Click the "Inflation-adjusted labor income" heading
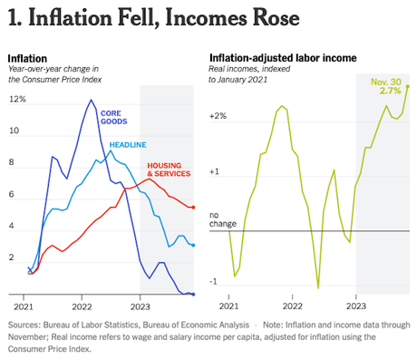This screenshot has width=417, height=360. [x=282, y=57]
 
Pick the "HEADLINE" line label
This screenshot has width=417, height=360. [x=129, y=145]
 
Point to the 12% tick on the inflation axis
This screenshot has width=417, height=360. [x=16, y=99]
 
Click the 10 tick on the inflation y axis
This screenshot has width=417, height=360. [x=14, y=131]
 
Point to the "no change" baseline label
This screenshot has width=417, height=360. [x=222, y=219]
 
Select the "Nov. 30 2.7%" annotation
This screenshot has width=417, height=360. [x=385, y=86]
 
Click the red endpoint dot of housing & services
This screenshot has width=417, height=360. [x=192, y=208]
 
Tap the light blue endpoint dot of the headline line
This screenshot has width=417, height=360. [x=192, y=245]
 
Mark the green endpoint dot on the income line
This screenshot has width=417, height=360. [x=408, y=86]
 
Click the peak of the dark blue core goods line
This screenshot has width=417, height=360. [x=91, y=100]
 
